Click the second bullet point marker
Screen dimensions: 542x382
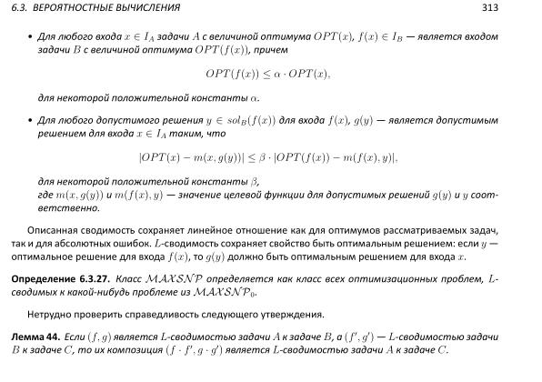coord(30,119)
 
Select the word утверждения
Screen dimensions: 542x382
coord(292,314)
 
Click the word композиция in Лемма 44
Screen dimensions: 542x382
coord(208,350)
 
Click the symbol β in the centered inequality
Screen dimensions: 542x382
coord(264,157)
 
